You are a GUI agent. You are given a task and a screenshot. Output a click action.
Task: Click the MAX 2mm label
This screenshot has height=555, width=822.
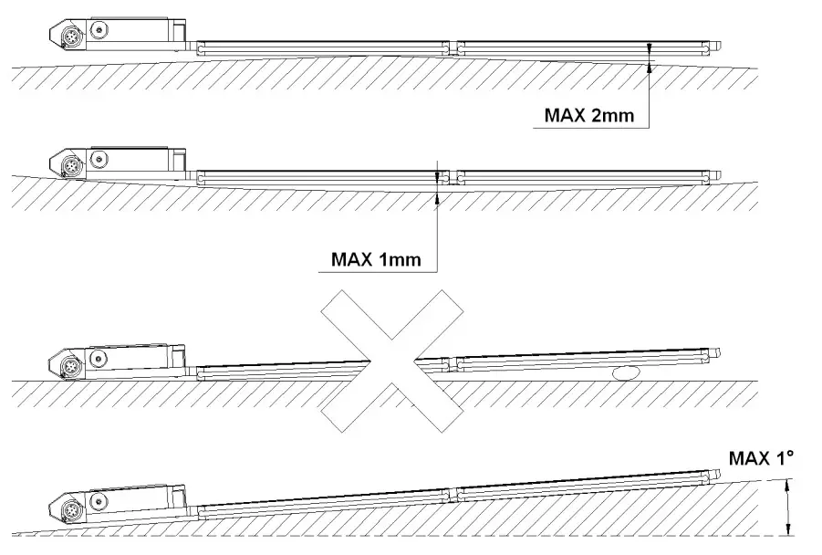588,116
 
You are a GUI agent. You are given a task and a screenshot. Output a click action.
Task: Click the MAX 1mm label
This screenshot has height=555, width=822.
376,259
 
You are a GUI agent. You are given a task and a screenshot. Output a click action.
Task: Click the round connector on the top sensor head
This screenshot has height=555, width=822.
69,38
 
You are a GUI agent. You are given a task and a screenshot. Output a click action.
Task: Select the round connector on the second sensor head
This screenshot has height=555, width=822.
70,167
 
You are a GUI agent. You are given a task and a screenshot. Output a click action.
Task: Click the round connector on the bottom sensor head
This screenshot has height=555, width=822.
69,508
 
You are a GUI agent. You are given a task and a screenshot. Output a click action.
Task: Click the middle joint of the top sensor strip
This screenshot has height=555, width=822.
453,47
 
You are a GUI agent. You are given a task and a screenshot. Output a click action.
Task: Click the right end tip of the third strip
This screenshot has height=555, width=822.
720,354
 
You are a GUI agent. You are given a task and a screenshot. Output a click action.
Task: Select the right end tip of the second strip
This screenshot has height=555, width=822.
720,175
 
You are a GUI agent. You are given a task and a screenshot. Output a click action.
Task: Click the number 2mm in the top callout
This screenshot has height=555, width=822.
610,116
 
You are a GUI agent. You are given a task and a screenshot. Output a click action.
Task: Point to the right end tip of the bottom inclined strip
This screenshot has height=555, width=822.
721,475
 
